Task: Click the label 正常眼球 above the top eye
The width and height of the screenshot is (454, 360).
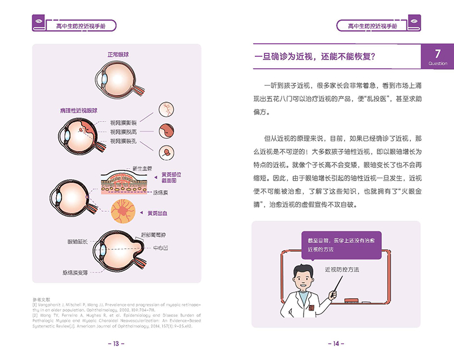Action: tap(119, 55)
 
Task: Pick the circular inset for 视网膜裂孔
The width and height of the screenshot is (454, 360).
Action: tap(166, 152)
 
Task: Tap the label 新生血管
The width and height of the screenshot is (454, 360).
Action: tap(142, 168)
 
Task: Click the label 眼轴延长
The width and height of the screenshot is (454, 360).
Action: tap(77, 242)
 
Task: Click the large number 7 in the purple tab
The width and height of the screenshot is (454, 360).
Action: tap(438, 54)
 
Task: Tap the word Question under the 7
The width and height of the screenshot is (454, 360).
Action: tap(438, 64)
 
